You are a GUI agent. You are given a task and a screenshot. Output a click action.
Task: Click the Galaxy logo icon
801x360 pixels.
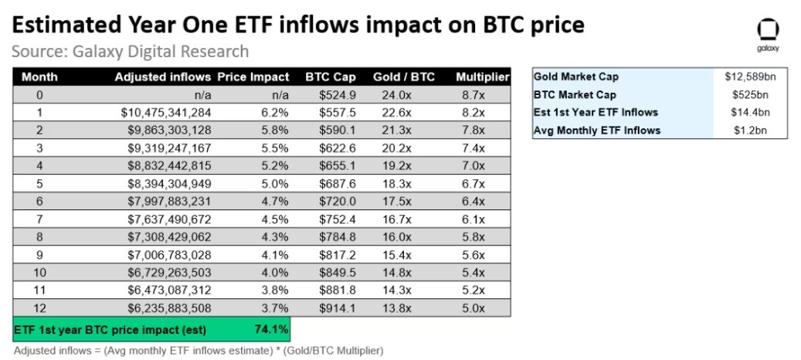tap(768, 31)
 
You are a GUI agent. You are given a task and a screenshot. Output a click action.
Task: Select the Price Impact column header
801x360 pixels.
tap(253, 77)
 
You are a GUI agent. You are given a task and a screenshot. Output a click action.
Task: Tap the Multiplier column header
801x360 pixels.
tap(483, 77)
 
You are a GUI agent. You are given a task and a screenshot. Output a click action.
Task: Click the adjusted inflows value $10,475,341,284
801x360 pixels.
tap(166, 112)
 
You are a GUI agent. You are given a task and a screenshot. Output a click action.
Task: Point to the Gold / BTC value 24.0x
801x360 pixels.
tap(396, 95)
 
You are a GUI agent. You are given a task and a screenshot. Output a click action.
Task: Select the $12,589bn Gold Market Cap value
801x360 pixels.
tap(749, 77)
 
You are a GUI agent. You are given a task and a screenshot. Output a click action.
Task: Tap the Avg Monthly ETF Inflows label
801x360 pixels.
tap(596, 131)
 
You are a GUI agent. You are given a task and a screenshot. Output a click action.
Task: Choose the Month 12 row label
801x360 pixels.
tap(39, 308)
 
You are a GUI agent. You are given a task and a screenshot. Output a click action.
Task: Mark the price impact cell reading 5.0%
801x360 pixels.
tap(277, 183)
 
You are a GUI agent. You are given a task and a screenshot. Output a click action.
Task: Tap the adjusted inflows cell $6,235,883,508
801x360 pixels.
tap(170, 308)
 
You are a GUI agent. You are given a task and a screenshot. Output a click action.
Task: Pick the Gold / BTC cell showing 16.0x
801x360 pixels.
tap(396, 237)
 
